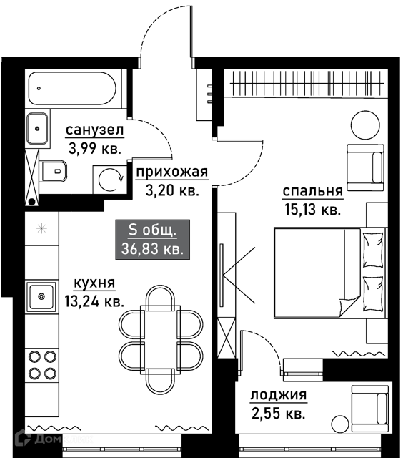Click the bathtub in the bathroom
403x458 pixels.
[73, 88]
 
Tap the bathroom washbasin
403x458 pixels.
[37, 129]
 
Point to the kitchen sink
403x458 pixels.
[41, 296]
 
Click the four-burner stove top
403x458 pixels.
[42, 364]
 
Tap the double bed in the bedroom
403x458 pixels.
[329, 273]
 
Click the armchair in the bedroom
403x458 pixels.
[365, 167]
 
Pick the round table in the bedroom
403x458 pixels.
[365, 125]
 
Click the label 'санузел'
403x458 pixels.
[95, 130]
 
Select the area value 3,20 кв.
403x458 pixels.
[172, 190]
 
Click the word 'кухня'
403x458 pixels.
[94, 283]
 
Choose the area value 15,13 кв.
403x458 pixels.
[312, 210]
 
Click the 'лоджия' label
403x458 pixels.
[279, 395]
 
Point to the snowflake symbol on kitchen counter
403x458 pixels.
[42, 228]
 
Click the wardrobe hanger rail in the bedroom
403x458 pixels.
[307, 83]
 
